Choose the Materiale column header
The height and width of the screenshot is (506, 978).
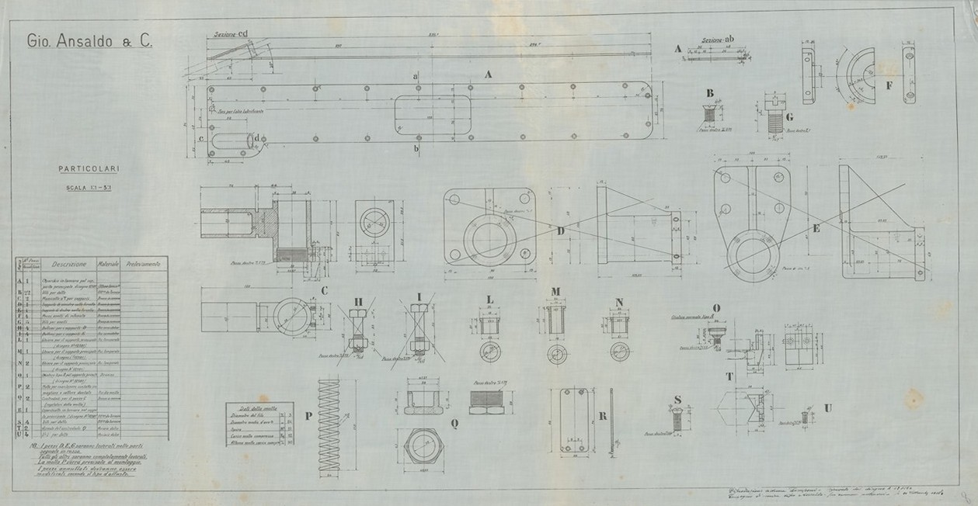point(108,264)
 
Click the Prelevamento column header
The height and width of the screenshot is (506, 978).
point(144,264)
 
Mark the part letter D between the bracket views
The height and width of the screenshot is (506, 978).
point(561,230)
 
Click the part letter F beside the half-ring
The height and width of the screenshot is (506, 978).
point(889,82)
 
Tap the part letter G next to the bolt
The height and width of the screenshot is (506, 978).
point(788,118)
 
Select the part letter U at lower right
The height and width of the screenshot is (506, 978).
point(829,407)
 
